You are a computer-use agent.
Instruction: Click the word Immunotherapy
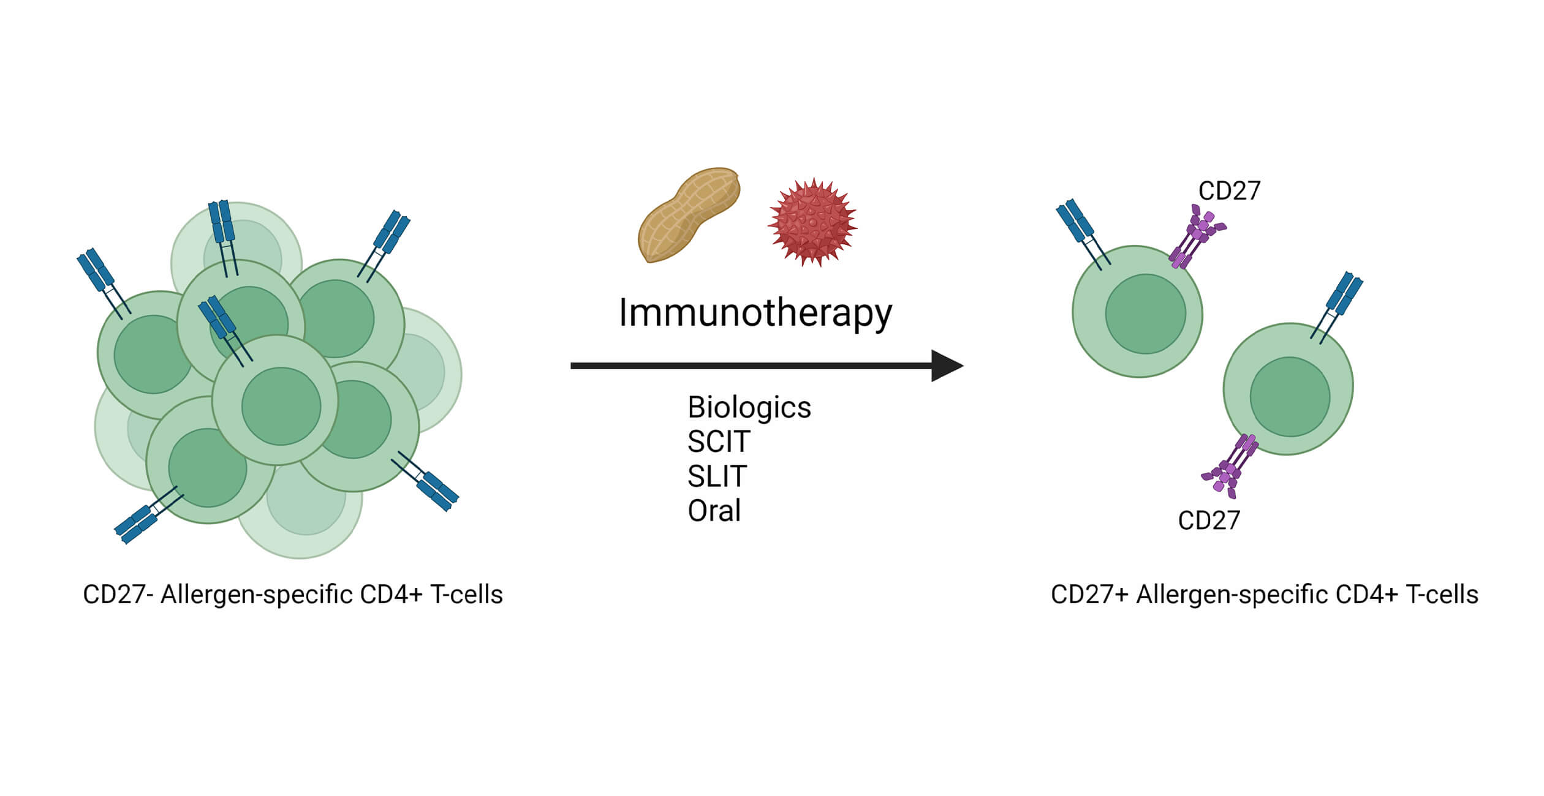(x=755, y=314)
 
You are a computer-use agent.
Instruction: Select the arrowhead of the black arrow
(x=945, y=366)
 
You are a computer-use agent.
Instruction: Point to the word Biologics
(x=749, y=408)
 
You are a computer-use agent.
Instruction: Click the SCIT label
(x=718, y=442)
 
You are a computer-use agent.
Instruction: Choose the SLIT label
(x=717, y=476)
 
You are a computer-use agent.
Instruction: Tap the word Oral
(x=714, y=511)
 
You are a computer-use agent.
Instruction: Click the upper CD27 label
(x=1228, y=191)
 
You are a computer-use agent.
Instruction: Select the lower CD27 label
(x=1208, y=520)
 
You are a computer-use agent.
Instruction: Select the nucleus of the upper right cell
(x=1145, y=314)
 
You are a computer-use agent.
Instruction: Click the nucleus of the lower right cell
(x=1290, y=397)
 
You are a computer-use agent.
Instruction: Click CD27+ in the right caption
(x=1089, y=595)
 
